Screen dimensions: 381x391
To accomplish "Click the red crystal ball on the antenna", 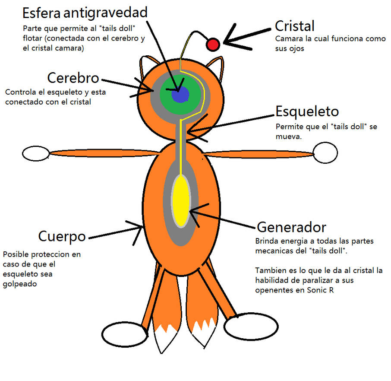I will click(213, 44).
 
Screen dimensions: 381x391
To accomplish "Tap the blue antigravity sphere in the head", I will click(180, 94).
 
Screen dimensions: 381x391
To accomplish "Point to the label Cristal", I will click(295, 26).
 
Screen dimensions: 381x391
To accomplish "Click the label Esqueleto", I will click(307, 111).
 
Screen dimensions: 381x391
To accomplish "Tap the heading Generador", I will click(291, 227).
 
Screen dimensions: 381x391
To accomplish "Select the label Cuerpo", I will click(62, 236).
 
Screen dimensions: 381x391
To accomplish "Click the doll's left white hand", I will click(35, 154).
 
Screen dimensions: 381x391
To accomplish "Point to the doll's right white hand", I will click(325, 153).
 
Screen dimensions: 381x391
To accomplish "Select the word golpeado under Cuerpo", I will click(20, 284).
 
